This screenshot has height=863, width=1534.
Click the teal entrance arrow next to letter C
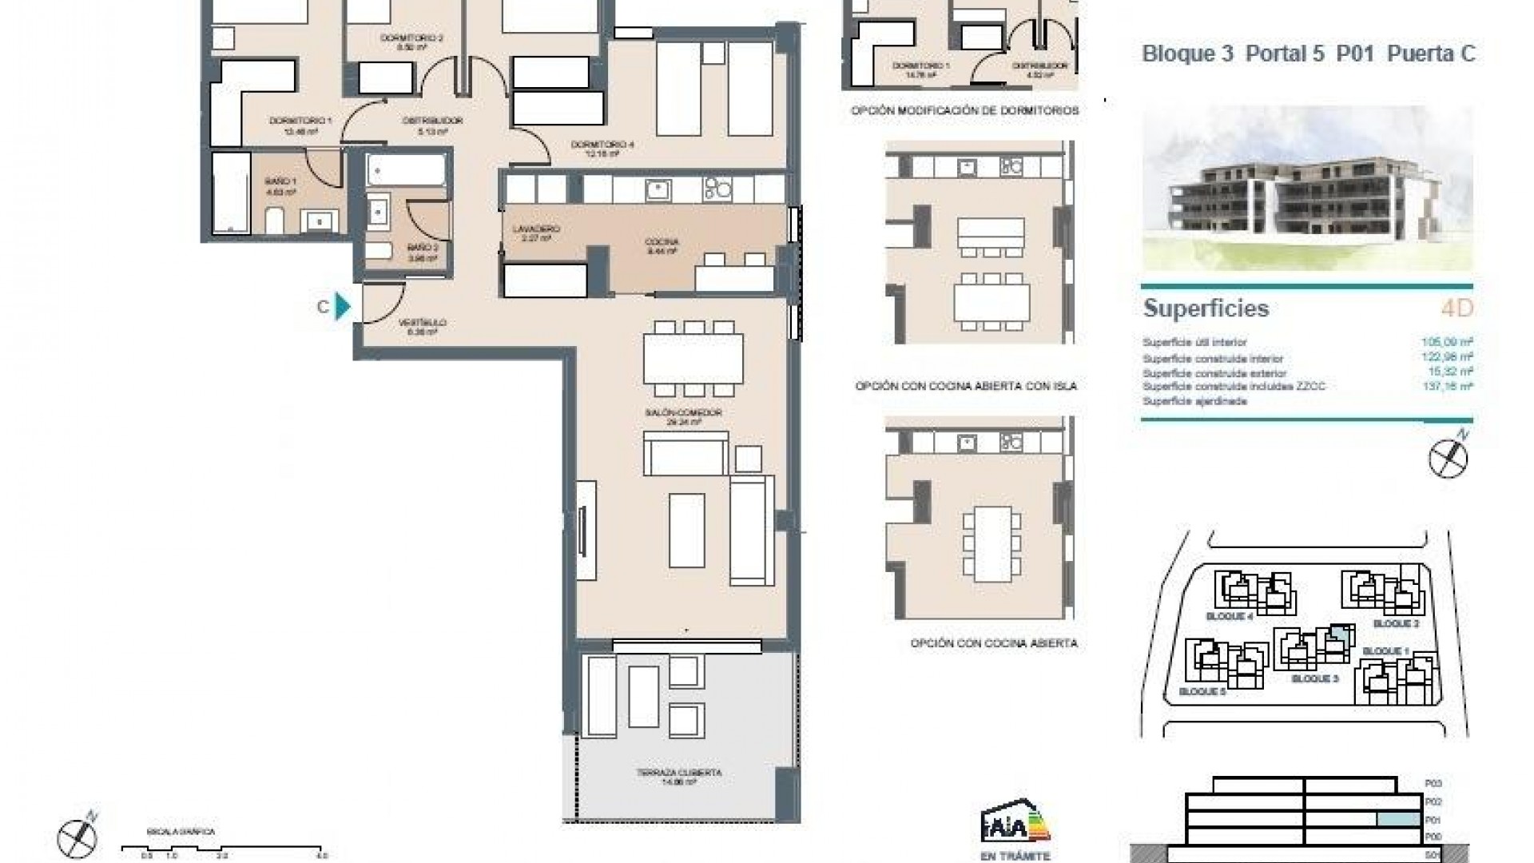(x=343, y=306)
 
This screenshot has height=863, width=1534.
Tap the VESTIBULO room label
(x=422, y=323)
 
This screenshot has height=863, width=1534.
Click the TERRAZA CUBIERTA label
(x=679, y=773)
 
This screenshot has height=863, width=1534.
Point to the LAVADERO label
(x=536, y=229)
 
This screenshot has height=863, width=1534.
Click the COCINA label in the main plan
(x=662, y=242)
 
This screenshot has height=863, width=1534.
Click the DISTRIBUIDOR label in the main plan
(x=432, y=121)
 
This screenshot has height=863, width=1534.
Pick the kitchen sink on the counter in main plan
(x=658, y=190)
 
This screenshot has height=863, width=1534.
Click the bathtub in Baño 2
(x=406, y=170)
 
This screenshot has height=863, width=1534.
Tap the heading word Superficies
(x=1206, y=308)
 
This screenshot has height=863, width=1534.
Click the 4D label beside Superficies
(x=1457, y=308)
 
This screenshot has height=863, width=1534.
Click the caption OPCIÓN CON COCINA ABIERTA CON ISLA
(x=966, y=386)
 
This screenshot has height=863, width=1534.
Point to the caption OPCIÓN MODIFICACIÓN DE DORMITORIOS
(x=964, y=111)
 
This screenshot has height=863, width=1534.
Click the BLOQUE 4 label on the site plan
(x=1229, y=617)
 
